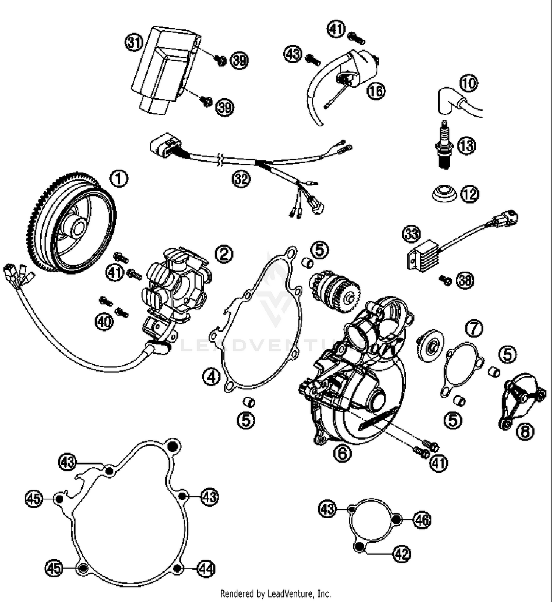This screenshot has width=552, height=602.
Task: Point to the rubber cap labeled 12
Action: pyautogui.click(x=444, y=194)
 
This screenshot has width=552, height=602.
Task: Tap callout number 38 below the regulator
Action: pyautogui.click(x=465, y=280)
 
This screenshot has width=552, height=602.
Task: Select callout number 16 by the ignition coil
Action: pyautogui.click(x=376, y=90)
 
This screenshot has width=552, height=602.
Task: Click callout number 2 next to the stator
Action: pyautogui.click(x=224, y=254)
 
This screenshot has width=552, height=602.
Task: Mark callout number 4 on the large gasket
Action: pyautogui.click(x=211, y=377)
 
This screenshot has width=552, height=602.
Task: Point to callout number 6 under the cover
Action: pyautogui.click(x=342, y=453)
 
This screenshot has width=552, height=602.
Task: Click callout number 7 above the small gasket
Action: pyautogui.click(x=474, y=328)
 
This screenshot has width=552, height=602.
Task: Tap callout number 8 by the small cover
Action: pyautogui.click(x=525, y=431)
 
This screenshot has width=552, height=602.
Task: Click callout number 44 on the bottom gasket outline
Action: pyautogui.click(x=206, y=569)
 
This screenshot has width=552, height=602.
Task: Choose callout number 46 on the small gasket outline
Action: pyautogui.click(x=422, y=520)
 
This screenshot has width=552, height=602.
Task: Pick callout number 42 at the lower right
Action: pyautogui.click(x=401, y=553)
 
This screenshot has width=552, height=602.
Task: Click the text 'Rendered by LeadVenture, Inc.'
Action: pyautogui.click(x=275, y=593)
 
